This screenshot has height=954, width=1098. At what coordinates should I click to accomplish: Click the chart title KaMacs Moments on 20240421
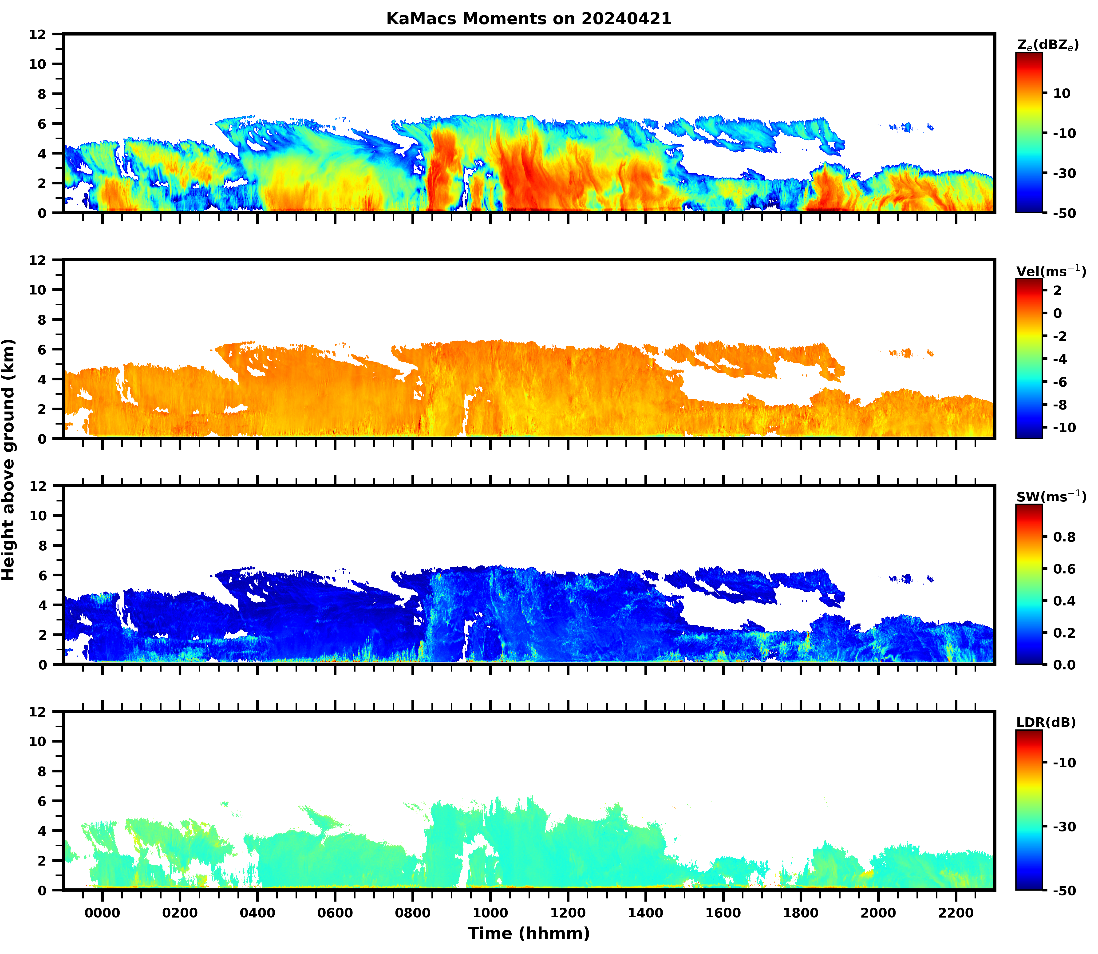click(x=529, y=19)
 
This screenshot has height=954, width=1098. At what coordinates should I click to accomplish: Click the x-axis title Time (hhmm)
click(x=529, y=933)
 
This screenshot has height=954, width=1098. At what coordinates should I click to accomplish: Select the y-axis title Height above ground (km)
click(x=8, y=459)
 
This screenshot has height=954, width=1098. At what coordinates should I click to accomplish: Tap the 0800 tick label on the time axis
click(x=412, y=913)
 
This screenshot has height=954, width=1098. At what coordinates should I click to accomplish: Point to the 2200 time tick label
click(x=956, y=913)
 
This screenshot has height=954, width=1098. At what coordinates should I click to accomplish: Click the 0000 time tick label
click(x=102, y=913)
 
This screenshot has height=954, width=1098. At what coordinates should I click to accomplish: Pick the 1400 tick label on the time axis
click(x=646, y=913)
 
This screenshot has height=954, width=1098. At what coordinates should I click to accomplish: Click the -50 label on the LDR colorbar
click(x=1064, y=890)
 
